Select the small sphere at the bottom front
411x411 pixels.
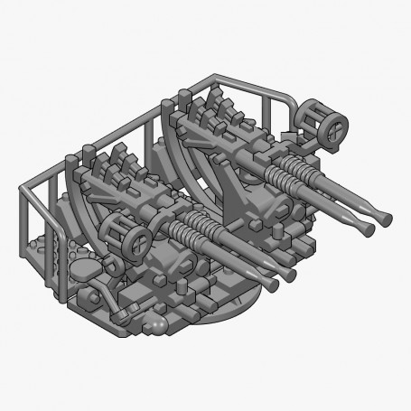[x=160, y=318]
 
